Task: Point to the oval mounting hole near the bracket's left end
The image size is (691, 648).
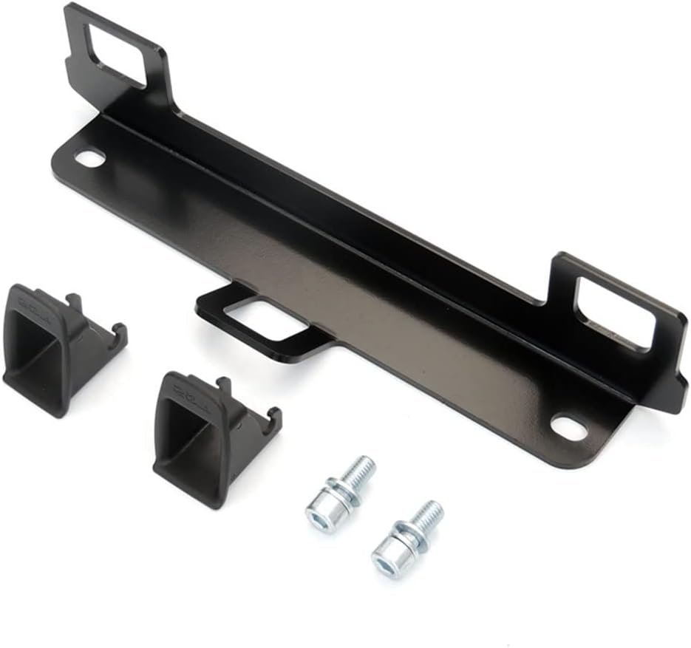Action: pos(90,158)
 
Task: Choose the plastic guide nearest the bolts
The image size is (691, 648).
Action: pos(207,436)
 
